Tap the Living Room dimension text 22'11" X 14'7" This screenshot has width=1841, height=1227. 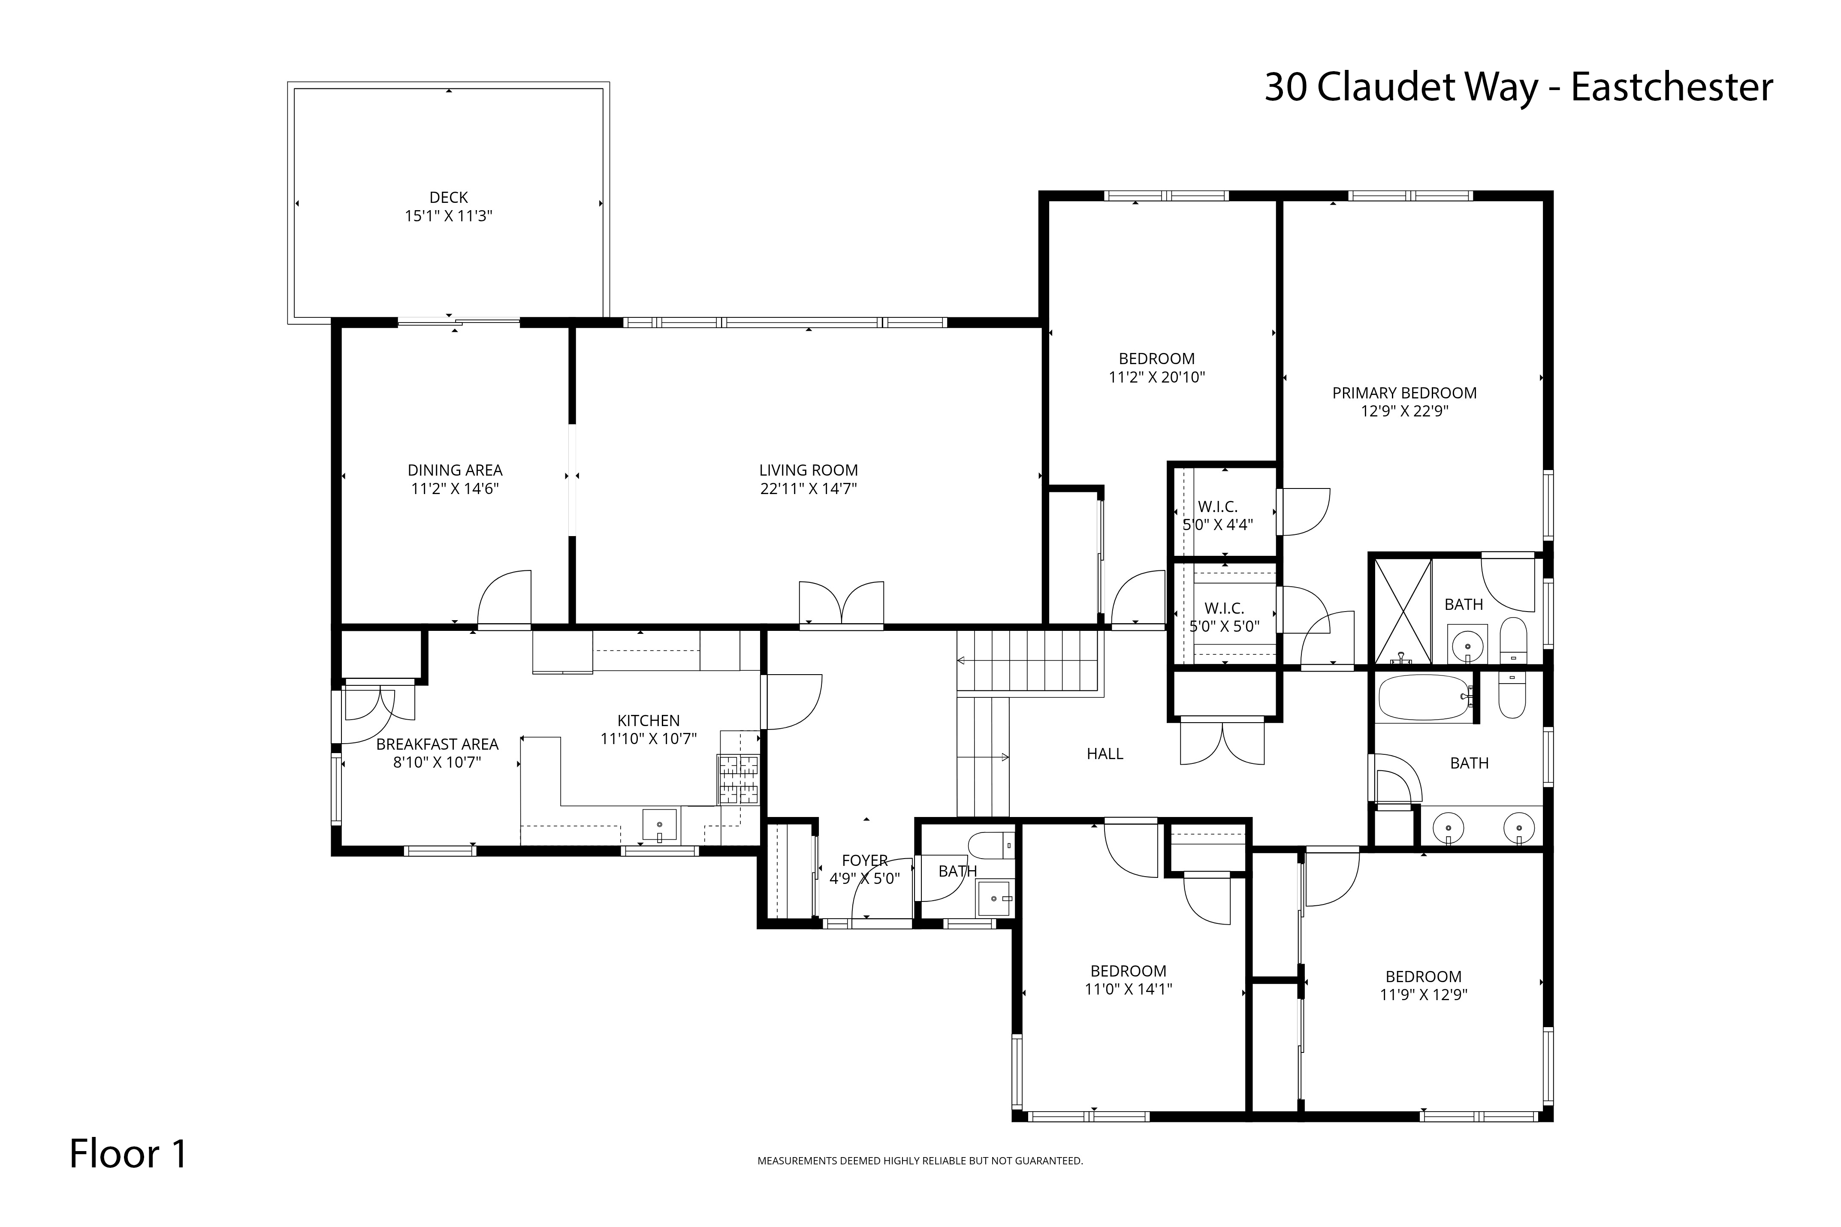click(x=808, y=489)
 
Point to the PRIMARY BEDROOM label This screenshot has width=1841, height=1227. click(x=1404, y=393)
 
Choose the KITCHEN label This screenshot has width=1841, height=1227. click(x=649, y=721)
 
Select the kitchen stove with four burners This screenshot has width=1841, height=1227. click(x=739, y=779)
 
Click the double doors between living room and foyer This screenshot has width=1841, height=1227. click(x=841, y=604)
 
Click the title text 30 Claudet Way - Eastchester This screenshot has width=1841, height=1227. click(x=1518, y=87)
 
